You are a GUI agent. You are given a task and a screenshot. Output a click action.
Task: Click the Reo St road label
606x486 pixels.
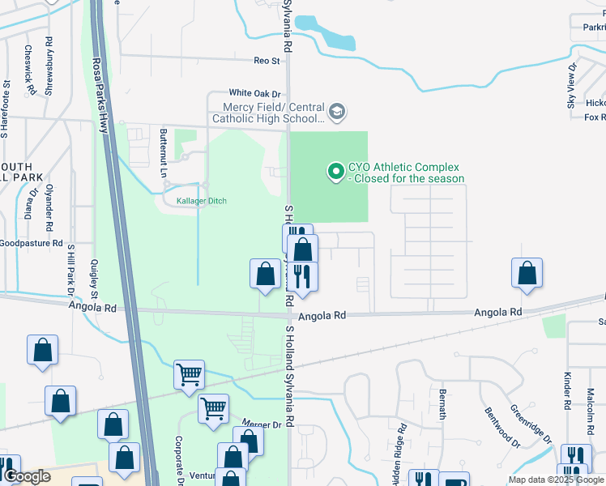267,61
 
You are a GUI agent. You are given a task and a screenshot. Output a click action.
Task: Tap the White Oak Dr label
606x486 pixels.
254,93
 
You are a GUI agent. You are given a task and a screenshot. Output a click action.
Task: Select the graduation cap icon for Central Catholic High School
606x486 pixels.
337,110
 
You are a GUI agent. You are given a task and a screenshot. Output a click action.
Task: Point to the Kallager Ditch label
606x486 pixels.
195,201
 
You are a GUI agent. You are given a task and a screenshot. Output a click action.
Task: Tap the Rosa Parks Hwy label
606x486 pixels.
100,97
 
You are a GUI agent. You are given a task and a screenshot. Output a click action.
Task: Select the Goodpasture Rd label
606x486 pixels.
31,242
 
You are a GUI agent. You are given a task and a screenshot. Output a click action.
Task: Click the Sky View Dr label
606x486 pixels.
571,85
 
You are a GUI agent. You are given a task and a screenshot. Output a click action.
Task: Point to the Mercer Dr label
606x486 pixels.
261,424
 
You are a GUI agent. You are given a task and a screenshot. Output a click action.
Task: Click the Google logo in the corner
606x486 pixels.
27,476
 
